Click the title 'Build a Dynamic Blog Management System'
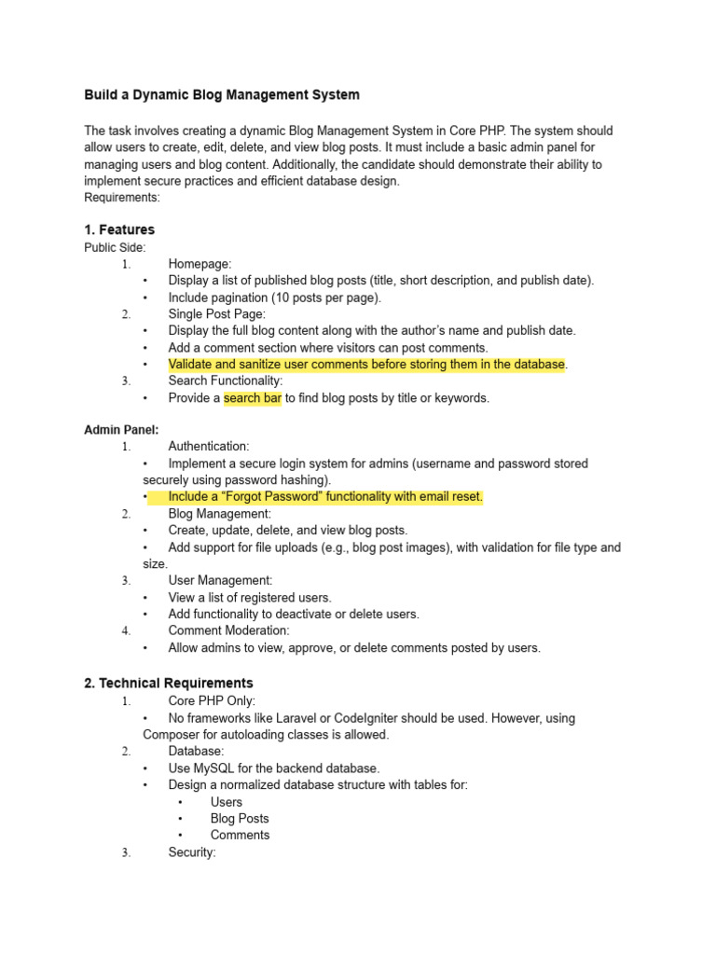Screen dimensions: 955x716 tap(221, 95)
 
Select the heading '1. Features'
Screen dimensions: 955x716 tap(119, 229)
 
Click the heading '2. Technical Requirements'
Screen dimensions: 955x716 tap(168, 683)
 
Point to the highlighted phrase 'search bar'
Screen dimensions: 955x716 tap(252, 398)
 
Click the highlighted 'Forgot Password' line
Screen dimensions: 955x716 tap(325, 497)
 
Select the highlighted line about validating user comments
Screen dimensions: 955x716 tap(366, 365)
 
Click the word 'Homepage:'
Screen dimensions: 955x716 tap(200, 264)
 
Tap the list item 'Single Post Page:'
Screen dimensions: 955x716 tap(216, 314)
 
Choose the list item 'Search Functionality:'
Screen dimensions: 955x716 tap(225, 381)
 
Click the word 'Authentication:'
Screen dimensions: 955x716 tap(209, 447)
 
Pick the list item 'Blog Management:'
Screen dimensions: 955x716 tap(219, 514)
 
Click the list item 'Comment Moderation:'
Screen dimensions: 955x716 tap(228, 631)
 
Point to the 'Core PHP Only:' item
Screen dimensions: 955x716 tap(212, 700)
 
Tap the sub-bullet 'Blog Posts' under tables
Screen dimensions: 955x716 tap(240, 819)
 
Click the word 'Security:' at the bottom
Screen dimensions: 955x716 tap(192, 852)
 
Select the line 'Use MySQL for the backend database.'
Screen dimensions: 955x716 tap(274, 768)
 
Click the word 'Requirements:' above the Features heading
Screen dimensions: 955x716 tap(122, 198)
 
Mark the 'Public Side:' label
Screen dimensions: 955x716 tap(115, 247)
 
